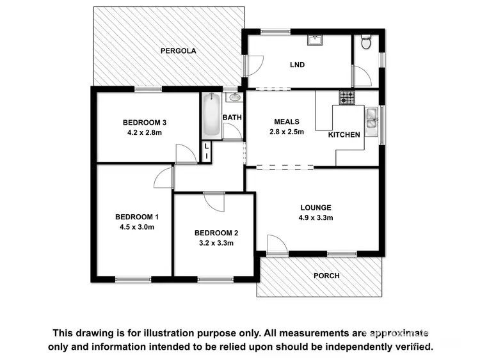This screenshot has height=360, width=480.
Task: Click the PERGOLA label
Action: [x=178, y=51]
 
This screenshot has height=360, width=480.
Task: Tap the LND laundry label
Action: [x=297, y=65]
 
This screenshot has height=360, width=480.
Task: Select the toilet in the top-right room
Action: [x=366, y=43]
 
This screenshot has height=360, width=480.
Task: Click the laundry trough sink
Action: [x=315, y=40]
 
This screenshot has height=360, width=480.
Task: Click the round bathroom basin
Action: [x=234, y=97]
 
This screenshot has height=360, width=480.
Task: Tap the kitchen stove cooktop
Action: [x=346, y=98]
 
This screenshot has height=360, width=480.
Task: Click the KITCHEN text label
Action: [x=344, y=134]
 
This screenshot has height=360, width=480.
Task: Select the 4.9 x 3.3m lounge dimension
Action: [x=316, y=218]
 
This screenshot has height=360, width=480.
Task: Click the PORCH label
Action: [x=326, y=276]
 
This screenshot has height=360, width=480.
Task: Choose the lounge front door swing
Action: [x=276, y=245]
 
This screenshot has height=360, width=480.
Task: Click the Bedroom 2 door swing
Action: [x=216, y=201]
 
